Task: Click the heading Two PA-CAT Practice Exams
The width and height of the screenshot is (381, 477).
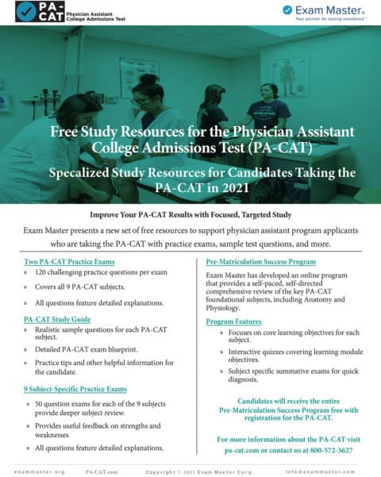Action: (x=69, y=261)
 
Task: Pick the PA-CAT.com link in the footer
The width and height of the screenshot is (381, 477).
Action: (x=102, y=471)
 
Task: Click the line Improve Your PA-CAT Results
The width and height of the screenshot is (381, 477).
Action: (x=190, y=214)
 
